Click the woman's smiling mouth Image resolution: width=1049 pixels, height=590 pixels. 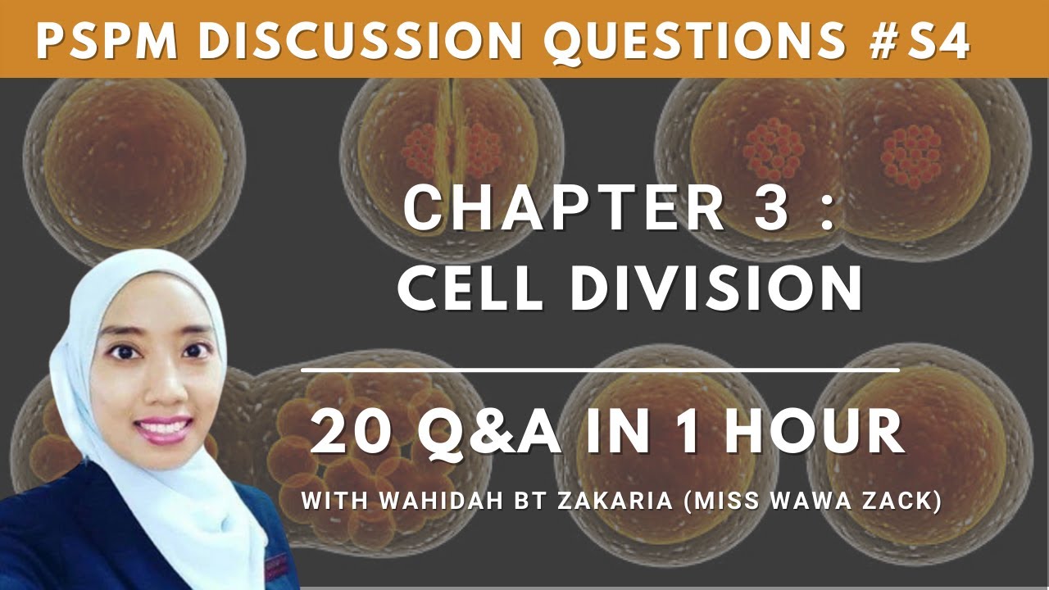[164, 427]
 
